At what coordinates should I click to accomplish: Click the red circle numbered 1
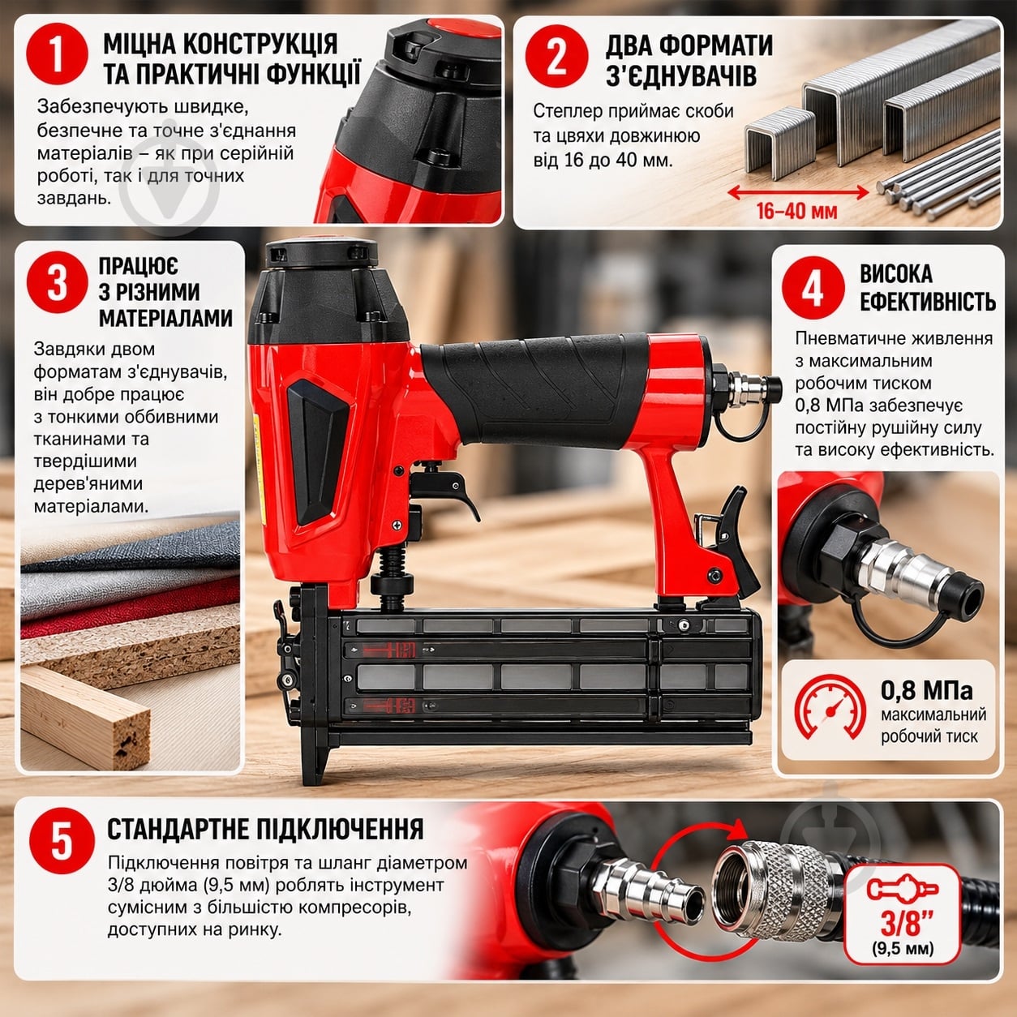[x=57, y=54]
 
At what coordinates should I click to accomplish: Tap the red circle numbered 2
[x=557, y=56]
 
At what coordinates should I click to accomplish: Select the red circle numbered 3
[x=57, y=283]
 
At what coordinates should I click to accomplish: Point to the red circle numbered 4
[x=813, y=288]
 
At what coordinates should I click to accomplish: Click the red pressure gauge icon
[x=830, y=709]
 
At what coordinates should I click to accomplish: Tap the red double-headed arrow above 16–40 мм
[x=797, y=193]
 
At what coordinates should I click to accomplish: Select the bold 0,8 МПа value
[x=926, y=690]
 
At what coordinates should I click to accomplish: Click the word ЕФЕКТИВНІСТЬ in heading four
[x=928, y=302]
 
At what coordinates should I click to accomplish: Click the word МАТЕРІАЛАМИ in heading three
[x=165, y=318]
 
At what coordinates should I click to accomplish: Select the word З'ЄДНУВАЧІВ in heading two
[x=681, y=75]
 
